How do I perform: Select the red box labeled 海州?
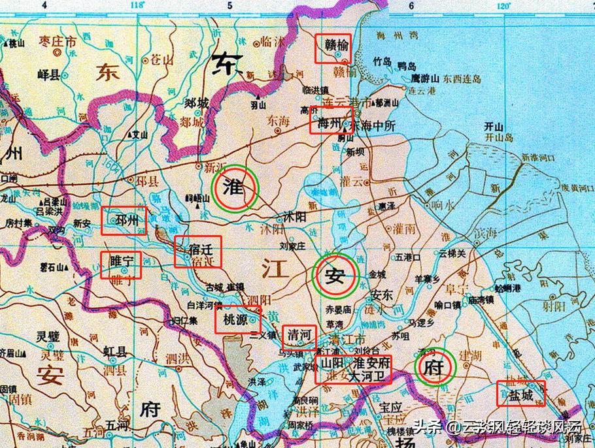coord(331,120)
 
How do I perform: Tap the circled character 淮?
coord(235,188)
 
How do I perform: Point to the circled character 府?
coord(435,368)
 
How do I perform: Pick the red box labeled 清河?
coord(299,337)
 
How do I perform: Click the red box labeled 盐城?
coord(520,393)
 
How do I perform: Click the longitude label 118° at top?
coord(137,6)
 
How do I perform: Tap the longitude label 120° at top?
coord(503,6)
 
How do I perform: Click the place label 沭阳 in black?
coord(286,216)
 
